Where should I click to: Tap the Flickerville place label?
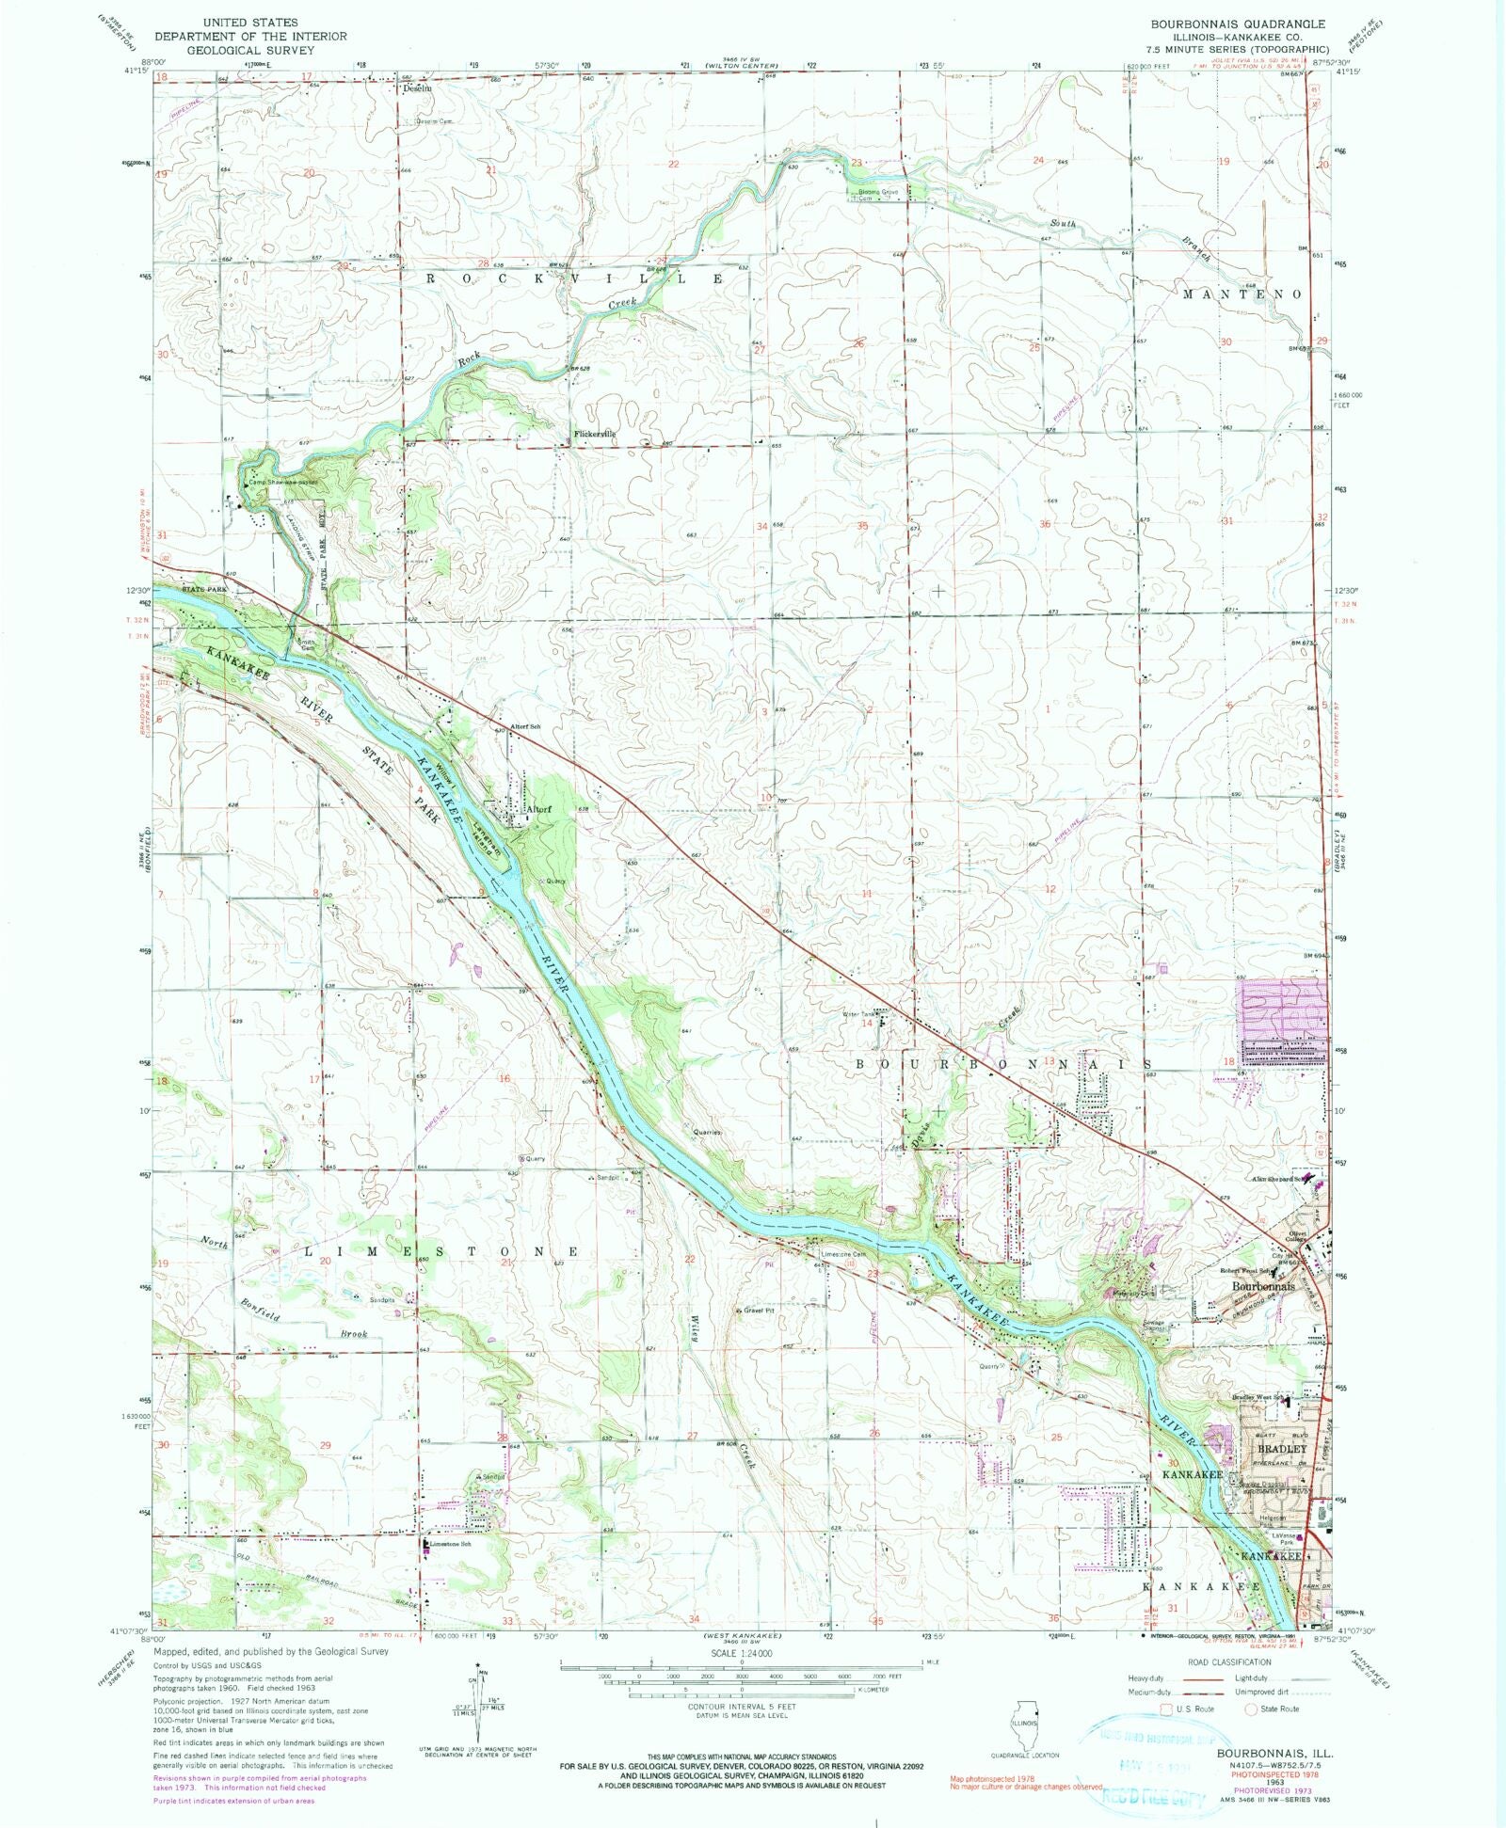pos(595,434)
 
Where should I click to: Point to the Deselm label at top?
pos(417,88)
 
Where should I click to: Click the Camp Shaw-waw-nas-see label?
pos(282,483)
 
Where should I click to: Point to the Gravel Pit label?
pos(757,1309)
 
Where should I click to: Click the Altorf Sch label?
pos(525,728)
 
